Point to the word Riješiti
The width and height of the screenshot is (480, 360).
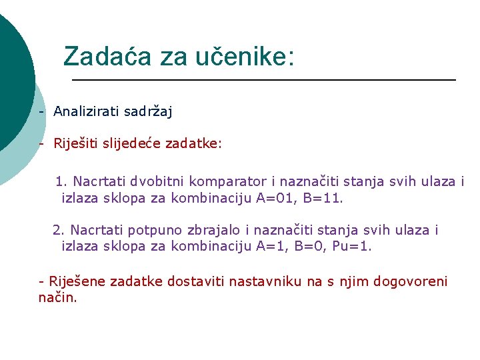(x=76, y=143)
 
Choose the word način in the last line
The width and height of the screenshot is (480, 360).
(x=57, y=298)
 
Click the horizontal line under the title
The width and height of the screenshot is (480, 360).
(x=263, y=80)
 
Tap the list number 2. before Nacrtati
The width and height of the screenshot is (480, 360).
(x=58, y=230)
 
